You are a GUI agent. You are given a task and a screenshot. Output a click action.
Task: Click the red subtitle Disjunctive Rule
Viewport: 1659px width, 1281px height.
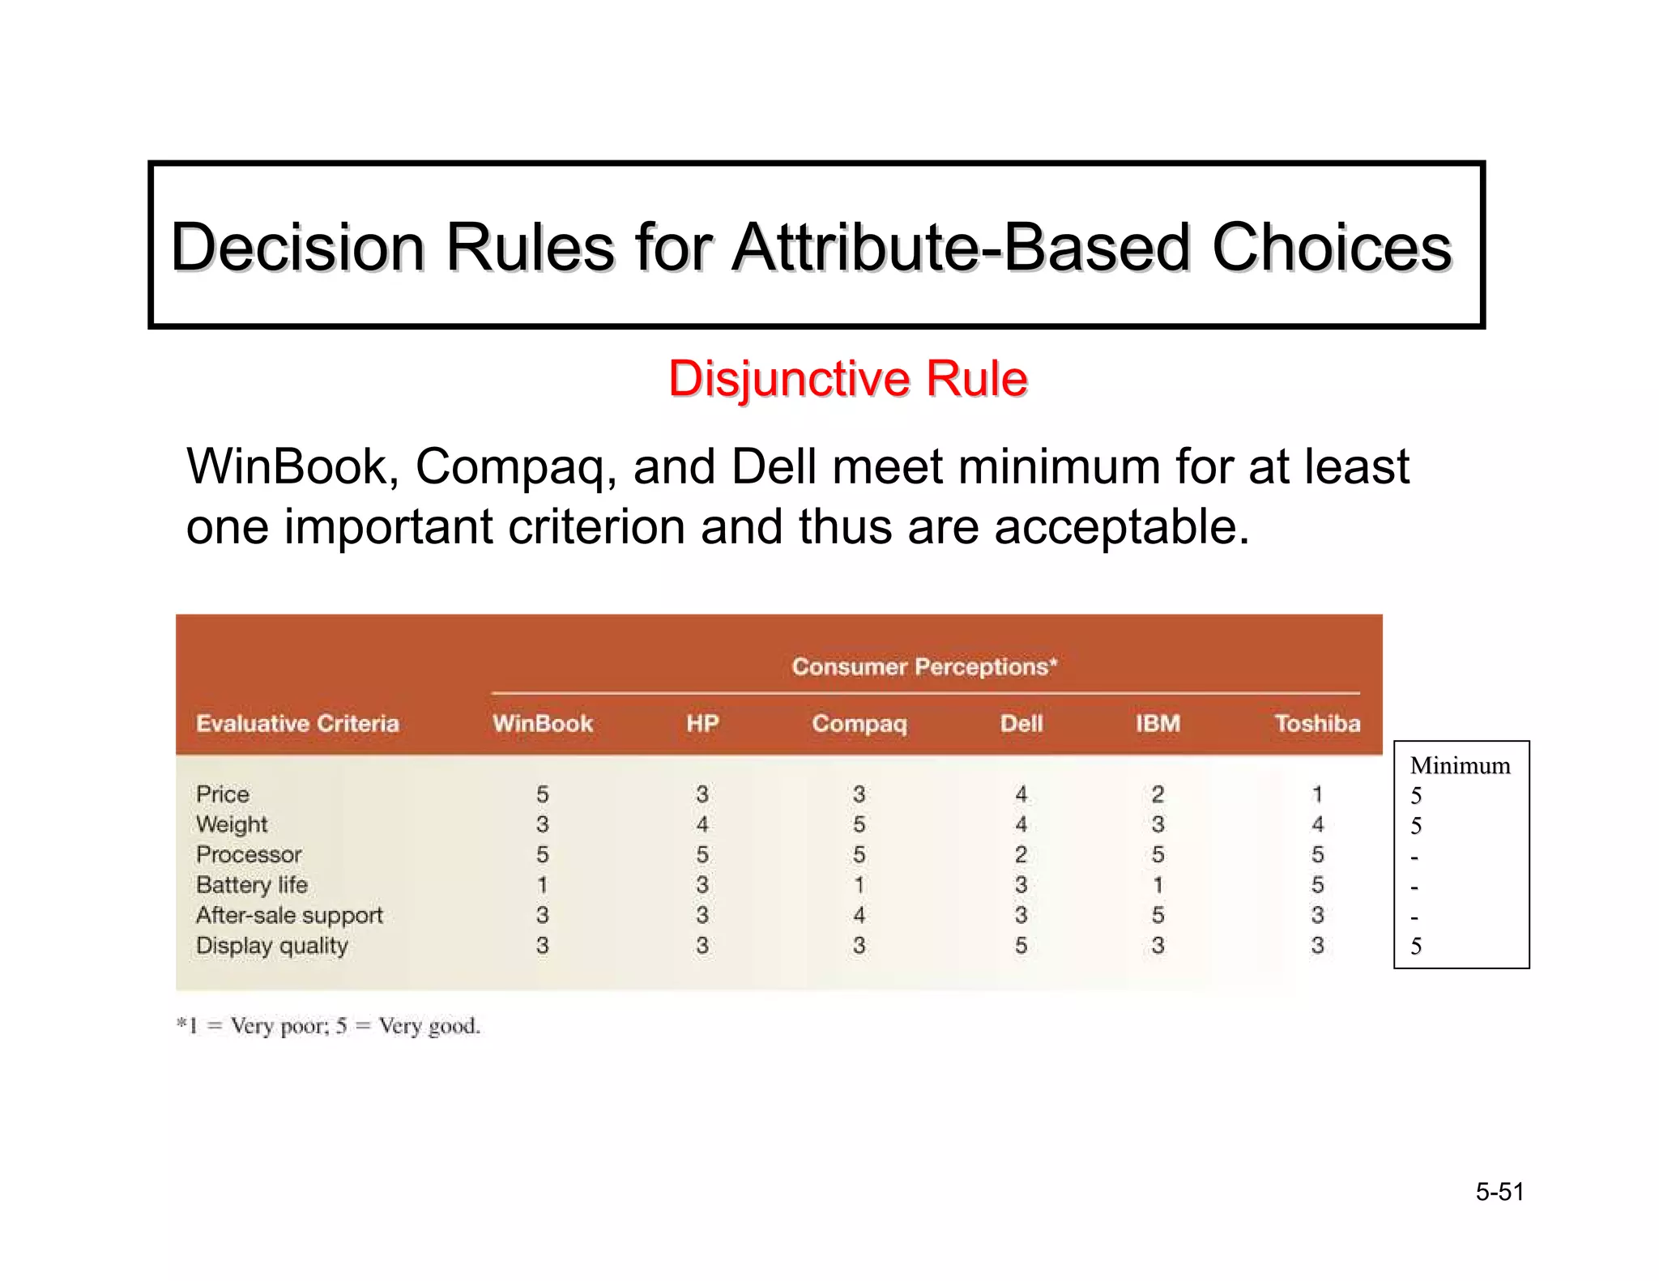tap(847, 379)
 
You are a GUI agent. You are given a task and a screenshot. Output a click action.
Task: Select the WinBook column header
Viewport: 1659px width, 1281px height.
tap(543, 723)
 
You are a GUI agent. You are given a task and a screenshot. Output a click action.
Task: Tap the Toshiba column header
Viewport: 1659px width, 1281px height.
tap(1317, 723)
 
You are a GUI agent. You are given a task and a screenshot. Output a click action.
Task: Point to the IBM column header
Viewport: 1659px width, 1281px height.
tap(1158, 723)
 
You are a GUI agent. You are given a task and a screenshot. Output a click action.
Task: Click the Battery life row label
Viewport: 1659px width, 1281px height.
tap(252, 885)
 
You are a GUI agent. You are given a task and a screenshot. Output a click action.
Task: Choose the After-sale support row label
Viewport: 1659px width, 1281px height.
tap(289, 915)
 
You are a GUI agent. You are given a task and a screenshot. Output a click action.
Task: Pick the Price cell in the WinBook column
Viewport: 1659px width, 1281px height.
tap(543, 794)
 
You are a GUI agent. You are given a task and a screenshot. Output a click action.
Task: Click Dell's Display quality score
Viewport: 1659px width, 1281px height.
tap(1021, 945)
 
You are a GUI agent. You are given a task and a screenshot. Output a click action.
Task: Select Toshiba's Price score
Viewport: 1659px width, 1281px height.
tap(1317, 794)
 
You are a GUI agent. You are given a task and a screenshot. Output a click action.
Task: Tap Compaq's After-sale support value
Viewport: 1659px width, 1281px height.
tap(859, 915)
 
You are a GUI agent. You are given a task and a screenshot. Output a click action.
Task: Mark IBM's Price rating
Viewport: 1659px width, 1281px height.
tap(1158, 794)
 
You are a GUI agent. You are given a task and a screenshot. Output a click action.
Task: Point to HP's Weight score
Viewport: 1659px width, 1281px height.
tap(702, 824)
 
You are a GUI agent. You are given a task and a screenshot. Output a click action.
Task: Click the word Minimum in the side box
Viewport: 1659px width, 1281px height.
tap(1460, 766)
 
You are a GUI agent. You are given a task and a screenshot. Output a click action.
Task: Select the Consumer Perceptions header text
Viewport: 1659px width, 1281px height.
tap(924, 666)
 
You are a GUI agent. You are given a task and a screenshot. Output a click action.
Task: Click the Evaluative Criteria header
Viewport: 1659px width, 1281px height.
tap(297, 723)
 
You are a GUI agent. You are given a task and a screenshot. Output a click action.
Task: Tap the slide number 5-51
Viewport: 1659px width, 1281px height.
tap(1499, 1192)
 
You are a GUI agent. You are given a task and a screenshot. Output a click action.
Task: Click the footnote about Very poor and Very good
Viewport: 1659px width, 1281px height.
tap(329, 1026)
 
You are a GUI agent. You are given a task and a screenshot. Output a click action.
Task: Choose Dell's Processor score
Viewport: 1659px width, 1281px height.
tap(1021, 854)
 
